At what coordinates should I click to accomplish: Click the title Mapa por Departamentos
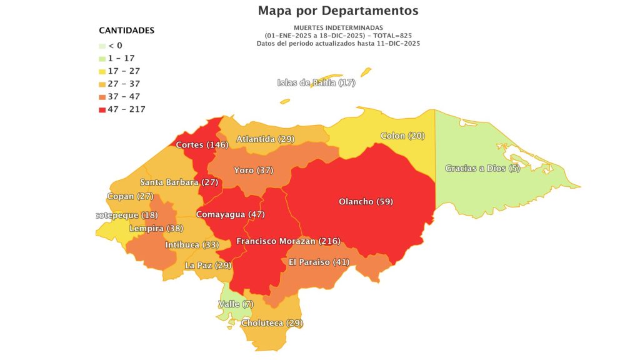click(338, 11)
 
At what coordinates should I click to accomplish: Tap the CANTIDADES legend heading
click(127, 31)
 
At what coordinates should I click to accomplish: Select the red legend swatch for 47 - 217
click(102, 109)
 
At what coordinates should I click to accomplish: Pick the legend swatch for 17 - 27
click(102, 71)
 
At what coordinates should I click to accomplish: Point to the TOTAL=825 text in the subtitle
click(389, 36)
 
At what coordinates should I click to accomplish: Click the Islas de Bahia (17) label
click(316, 83)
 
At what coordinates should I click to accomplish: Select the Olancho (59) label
click(366, 202)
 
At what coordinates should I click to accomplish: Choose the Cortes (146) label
click(202, 145)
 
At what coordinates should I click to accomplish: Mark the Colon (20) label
click(402, 136)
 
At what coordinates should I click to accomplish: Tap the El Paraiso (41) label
click(319, 262)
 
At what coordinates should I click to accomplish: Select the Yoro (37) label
click(253, 171)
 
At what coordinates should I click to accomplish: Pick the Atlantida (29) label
click(265, 139)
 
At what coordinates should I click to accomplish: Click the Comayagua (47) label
click(231, 214)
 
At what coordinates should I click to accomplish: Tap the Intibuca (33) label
click(192, 245)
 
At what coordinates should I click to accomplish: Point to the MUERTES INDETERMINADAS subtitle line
click(337, 28)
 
